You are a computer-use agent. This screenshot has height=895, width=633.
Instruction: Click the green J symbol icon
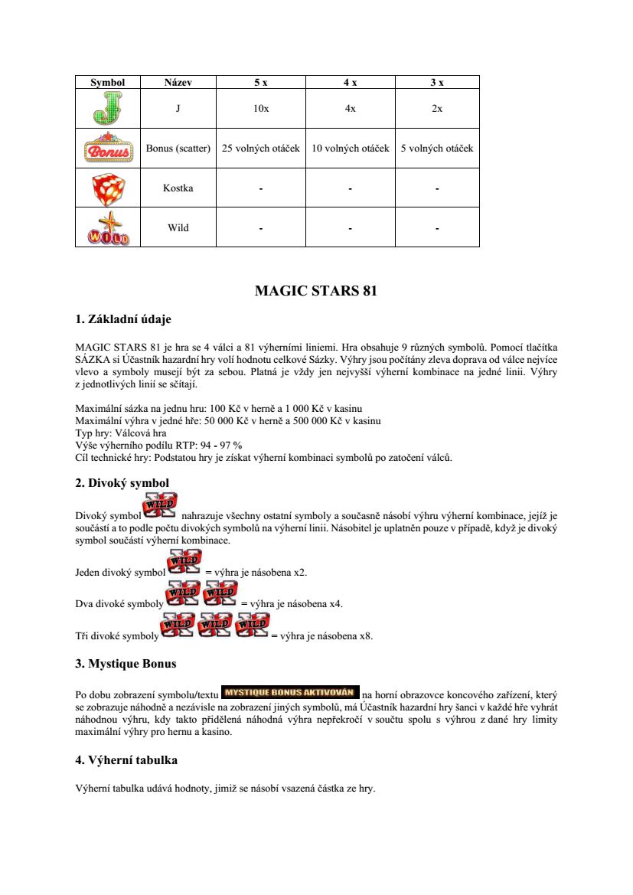tap(107, 109)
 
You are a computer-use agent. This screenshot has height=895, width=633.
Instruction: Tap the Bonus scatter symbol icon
tap(107, 148)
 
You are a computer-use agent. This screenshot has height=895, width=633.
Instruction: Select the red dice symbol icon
tap(107, 188)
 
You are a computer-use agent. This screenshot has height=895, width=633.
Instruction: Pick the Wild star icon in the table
tap(107, 227)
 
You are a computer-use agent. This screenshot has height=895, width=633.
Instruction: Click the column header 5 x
tap(261, 82)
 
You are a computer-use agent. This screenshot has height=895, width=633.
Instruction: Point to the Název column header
tap(178, 82)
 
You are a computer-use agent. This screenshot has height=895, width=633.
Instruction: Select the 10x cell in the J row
tap(261, 109)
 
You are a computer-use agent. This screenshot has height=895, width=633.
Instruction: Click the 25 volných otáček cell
tap(261, 148)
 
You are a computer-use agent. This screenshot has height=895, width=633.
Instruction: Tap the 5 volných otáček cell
tap(437, 148)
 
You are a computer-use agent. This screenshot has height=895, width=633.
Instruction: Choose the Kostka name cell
tap(178, 188)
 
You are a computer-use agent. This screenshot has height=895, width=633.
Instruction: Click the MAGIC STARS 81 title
tap(316, 291)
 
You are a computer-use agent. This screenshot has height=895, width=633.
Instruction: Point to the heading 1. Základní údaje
tap(129, 319)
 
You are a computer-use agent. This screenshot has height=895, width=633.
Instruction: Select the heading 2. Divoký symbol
tap(122, 482)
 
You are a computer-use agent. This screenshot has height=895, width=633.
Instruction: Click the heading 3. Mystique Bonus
tap(126, 663)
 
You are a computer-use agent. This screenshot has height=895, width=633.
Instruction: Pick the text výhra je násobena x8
tap(327, 635)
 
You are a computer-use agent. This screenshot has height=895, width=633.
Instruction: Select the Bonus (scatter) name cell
tap(178, 148)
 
